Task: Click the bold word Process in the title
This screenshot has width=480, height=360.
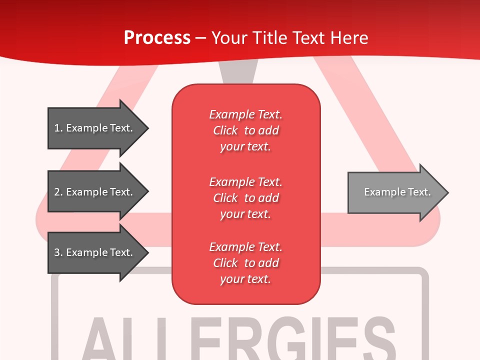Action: (157, 38)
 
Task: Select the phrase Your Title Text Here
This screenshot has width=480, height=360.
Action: (289, 38)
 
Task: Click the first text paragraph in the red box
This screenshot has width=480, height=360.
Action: (245, 130)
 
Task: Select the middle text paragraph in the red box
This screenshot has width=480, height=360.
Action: (245, 198)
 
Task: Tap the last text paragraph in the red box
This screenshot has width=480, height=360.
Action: (245, 263)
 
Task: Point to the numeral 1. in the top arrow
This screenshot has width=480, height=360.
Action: (58, 128)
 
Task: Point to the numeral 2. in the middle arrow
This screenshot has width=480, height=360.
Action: (58, 192)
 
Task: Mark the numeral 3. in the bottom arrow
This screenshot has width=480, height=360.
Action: (58, 252)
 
